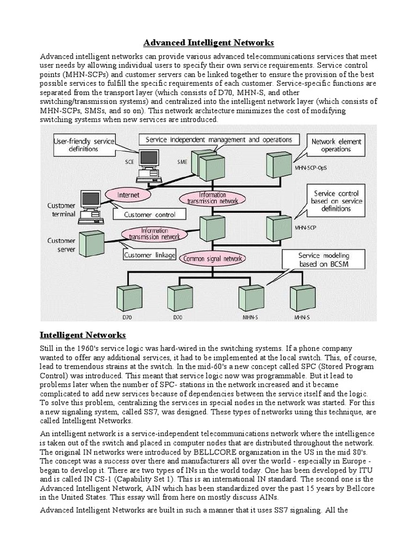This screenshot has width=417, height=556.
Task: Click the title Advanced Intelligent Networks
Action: [208, 42]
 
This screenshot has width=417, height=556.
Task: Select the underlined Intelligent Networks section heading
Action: [83, 335]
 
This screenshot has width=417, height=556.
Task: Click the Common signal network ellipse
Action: [213, 259]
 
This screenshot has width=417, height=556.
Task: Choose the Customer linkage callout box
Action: [150, 255]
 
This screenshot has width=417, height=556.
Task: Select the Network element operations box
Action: [336, 145]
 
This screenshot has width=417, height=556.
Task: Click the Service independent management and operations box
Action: [218, 140]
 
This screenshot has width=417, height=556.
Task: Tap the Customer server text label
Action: [61, 244]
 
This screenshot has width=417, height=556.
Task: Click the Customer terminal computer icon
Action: [91, 206]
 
